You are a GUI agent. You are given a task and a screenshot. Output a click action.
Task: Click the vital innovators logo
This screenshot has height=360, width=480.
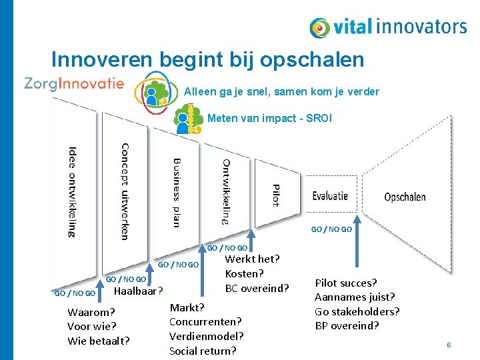(388, 27)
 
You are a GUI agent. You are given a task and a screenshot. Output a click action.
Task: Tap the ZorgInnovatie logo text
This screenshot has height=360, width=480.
(74, 83)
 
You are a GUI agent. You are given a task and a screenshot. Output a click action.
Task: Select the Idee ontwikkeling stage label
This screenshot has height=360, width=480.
(71, 191)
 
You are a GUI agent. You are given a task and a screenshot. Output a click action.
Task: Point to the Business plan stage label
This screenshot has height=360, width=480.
(176, 193)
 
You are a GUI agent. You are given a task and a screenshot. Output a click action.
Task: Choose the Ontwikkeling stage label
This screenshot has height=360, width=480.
(226, 191)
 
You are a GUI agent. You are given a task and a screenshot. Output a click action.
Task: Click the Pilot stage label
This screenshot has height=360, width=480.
(275, 195)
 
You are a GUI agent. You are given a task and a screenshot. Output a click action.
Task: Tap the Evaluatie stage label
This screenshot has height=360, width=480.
(330, 196)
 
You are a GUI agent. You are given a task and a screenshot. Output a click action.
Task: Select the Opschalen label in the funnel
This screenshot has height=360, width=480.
(405, 197)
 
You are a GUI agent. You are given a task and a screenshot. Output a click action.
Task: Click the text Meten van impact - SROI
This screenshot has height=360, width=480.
(269, 119)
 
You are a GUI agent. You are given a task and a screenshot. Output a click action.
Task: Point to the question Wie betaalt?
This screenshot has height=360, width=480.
(99, 341)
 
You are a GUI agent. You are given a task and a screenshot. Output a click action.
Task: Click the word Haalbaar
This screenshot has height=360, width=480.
(137, 291)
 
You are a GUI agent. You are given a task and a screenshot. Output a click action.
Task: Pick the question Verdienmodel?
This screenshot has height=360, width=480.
(206, 336)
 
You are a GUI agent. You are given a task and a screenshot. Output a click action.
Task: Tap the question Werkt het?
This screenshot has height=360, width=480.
(252, 259)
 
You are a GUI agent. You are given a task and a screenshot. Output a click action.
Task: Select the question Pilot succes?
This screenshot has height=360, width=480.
(345, 283)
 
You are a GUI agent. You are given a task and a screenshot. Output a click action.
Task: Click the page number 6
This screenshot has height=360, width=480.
(449, 345)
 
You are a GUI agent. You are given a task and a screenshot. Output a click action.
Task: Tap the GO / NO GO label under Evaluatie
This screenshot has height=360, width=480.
(331, 229)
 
